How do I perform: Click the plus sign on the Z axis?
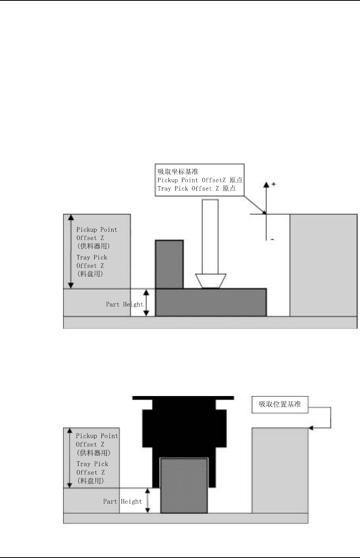coord(273,184)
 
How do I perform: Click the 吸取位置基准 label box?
coord(280,404)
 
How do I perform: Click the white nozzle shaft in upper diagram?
coord(210,236)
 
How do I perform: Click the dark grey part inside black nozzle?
coord(184,485)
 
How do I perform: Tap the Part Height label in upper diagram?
coord(124,304)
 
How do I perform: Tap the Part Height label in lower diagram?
coord(122,501)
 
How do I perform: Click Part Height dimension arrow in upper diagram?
coord(146,303)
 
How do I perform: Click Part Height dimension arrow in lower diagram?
coord(148,500)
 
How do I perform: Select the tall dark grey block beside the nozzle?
coord(169,264)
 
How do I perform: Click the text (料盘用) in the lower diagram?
coord(90,481)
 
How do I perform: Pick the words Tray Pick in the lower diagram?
coord(92,464)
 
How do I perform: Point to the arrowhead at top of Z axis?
coord(266,184)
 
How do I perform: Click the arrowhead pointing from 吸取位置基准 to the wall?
coord(311,428)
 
